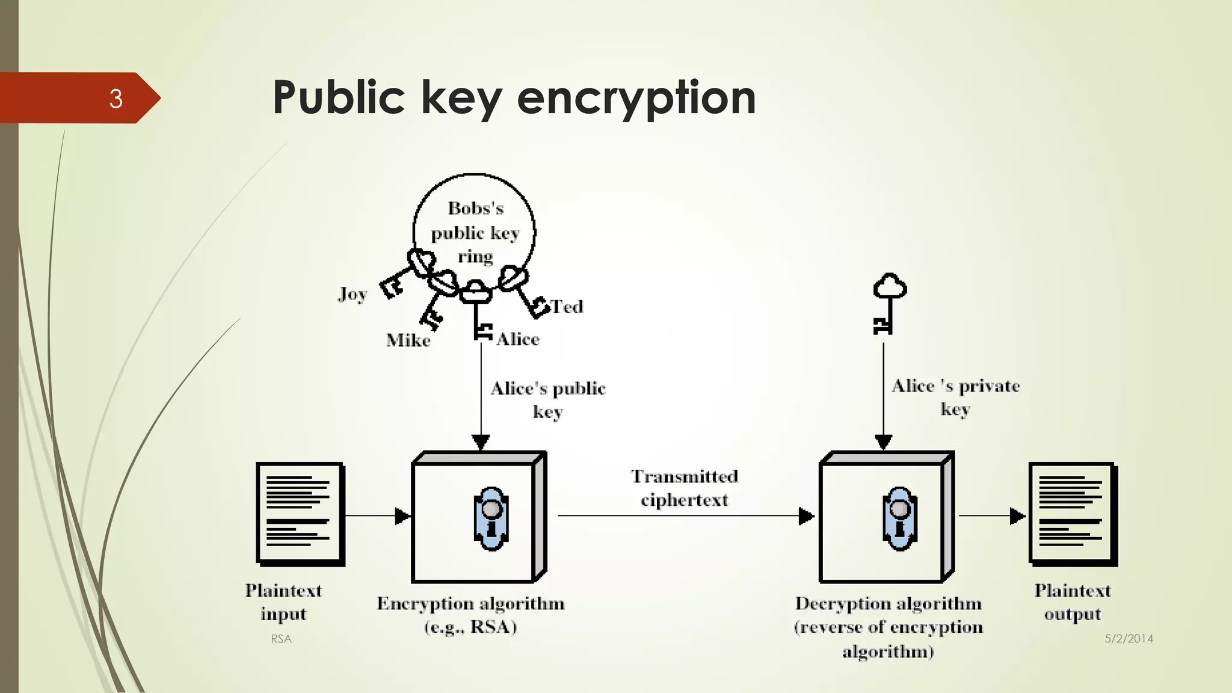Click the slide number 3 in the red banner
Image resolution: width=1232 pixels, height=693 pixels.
tap(115, 99)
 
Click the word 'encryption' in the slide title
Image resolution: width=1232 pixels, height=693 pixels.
tap(636, 97)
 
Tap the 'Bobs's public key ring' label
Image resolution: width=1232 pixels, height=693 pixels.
tap(475, 232)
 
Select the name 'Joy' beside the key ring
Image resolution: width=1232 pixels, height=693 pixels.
tap(353, 294)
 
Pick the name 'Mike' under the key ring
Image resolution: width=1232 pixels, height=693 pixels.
tap(408, 340)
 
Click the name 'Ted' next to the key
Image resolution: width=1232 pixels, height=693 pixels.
tap(567, 307)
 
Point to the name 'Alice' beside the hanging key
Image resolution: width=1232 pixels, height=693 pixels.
tap(518, 339)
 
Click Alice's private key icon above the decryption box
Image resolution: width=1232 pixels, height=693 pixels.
tap(889, 303)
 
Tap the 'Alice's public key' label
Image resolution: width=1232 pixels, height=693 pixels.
tap(548, 399)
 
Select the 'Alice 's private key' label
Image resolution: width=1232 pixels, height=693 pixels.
tap(955, 397)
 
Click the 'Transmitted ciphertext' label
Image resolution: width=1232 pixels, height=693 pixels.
tap(685, 488)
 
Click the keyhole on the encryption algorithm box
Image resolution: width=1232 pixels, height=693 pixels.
tap(491, 518)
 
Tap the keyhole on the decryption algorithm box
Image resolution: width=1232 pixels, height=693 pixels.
tap(899, 518)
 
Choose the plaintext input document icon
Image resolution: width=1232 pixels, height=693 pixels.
tap(300, 514)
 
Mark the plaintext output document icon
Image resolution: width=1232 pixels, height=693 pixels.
tap(1073, 514)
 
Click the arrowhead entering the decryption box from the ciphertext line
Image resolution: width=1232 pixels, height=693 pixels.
tap(806, 516)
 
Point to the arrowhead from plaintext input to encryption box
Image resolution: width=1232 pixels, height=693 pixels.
tap(402, 516)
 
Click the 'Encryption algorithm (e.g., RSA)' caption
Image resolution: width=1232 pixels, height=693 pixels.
tap(470, 615)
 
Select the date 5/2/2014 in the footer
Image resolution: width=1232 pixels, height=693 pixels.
tap(1129, 639)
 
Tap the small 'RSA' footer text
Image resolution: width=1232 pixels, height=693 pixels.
tap(281, 639)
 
